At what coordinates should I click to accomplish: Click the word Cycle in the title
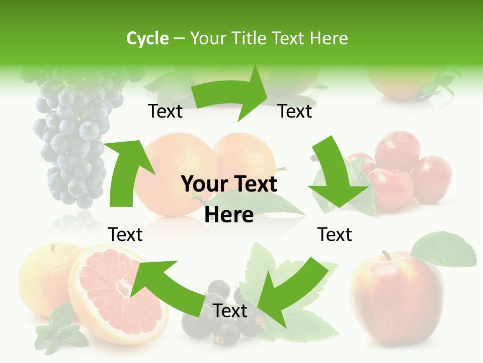[x=147, y=38]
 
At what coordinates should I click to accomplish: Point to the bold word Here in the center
[x=229, y=215]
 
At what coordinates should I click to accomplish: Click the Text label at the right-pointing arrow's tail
[x=165, y=111]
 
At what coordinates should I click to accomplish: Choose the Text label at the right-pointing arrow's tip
[x=295, y=111]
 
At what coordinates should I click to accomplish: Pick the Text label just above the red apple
[x=335, y=234]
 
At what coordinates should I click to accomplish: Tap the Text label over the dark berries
[x=230, y=311]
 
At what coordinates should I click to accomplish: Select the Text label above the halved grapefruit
[x=125, y=234]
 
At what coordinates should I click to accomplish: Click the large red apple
[x=397, y=297]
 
